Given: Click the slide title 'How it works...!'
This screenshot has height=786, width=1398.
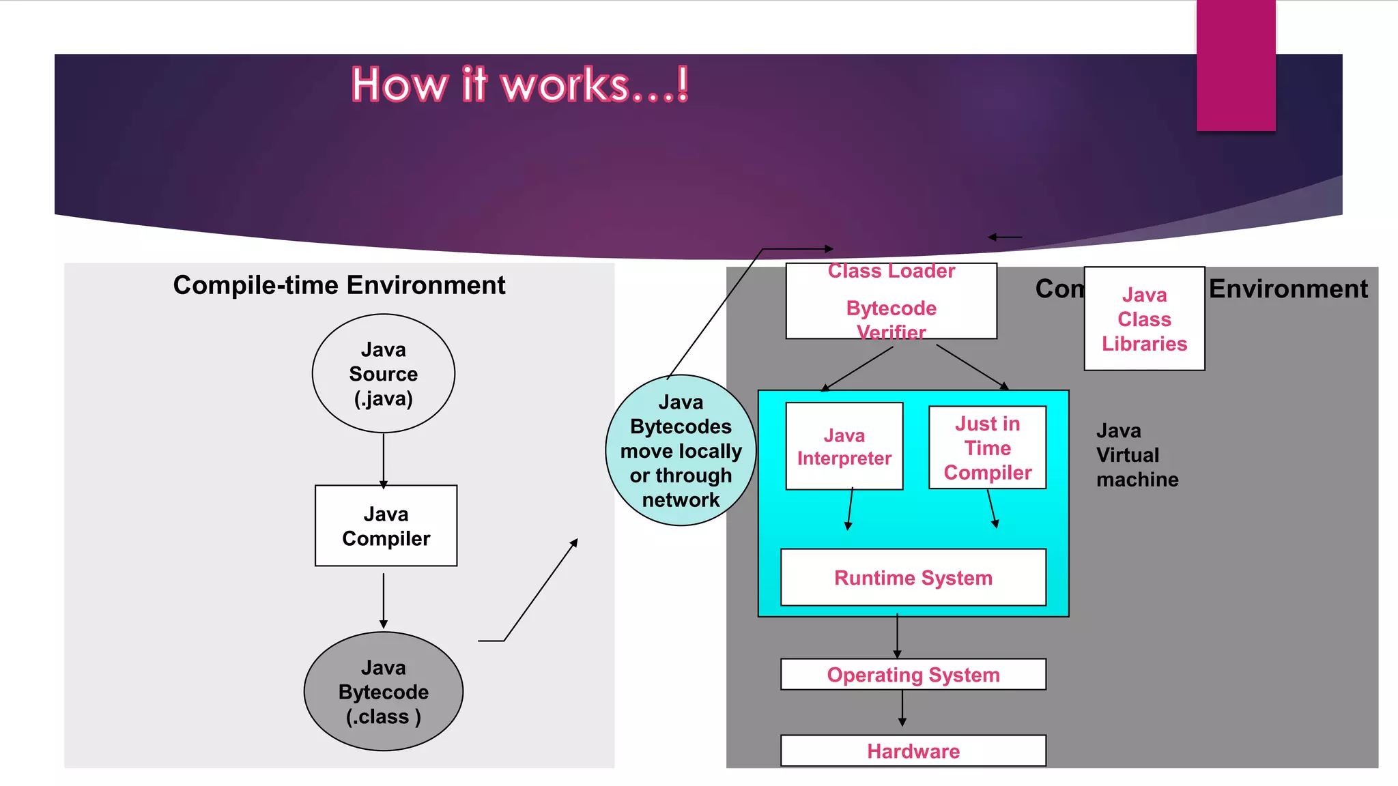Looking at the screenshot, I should point(519,85).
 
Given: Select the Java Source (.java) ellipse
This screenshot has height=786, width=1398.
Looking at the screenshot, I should point(383,373).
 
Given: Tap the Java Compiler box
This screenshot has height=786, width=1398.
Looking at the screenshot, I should point(386,525).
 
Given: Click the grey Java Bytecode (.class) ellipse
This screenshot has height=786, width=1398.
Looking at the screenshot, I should point(383,691).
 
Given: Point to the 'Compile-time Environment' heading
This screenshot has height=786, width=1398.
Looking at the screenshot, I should point(339,285).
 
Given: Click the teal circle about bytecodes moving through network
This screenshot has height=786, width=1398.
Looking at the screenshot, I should point(681,450).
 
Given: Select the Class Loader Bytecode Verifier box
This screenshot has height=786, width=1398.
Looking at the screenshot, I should point(891,302).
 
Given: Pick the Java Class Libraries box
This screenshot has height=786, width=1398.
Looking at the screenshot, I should point(1144,319).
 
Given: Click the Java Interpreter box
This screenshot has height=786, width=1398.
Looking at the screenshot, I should point(844,446).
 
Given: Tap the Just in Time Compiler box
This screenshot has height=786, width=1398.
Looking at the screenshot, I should point(987,448).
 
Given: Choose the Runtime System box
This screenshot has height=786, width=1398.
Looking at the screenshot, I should point(913,577).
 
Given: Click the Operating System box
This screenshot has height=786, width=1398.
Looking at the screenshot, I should point(913,674).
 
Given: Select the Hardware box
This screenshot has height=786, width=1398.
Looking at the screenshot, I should point(913,751).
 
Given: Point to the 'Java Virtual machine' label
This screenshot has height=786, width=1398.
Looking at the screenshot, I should point(1137,455).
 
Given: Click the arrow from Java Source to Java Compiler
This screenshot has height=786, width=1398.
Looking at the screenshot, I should point(384,460).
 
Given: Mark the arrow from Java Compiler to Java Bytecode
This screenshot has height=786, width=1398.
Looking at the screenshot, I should point(384,600).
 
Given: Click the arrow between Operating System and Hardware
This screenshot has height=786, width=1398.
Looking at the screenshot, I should point(902,708).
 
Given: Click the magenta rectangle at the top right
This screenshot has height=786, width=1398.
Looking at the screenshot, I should point(1236,65).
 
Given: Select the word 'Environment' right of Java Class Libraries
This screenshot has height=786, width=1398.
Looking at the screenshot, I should point(1288,289).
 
